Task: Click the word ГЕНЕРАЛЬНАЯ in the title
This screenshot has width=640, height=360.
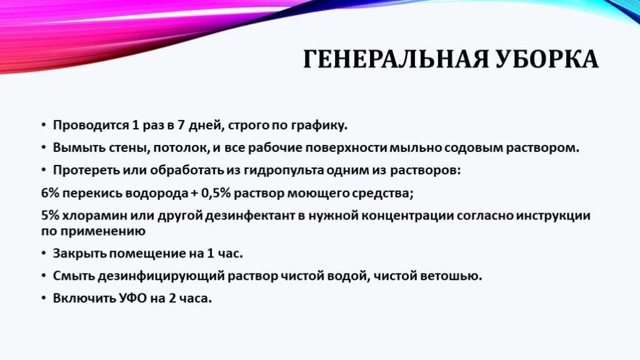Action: pos(396,59)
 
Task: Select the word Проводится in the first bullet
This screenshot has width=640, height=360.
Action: pos(91,125)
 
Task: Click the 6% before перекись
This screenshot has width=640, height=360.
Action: pos(50,192)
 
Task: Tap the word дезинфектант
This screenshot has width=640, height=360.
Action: pos(250,216)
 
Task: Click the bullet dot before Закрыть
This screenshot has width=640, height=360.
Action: pos(44,254)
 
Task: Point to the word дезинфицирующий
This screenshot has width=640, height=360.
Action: pos(161,276)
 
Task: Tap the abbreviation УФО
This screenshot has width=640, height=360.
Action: pos(133,298)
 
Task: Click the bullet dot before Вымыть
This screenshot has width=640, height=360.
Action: pos(44,147)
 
